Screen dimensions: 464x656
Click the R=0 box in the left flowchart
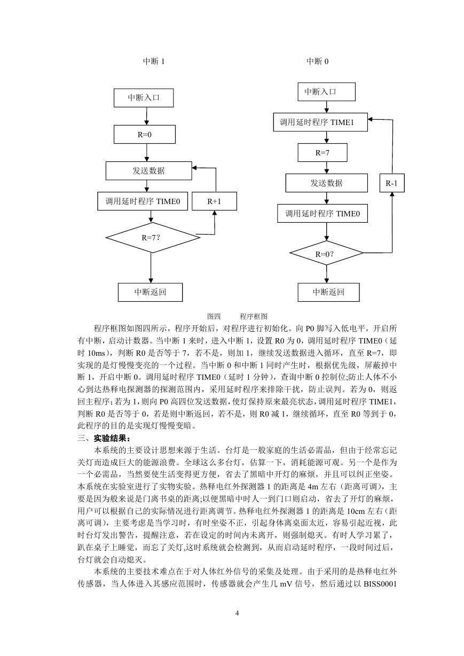click(x=145, y=135)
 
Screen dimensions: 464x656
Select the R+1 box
click(x=214, y=201)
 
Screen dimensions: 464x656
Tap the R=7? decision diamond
click(x=153, y=238)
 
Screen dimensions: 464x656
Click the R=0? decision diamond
click(x=326, y=253)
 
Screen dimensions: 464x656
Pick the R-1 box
click(x=392, y=183)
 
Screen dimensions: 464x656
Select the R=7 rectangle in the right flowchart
click(x=323, y=153)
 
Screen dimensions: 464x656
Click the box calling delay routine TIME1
click(x=320, y=122)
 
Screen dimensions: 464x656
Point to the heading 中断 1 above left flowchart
click(x=154, y=61)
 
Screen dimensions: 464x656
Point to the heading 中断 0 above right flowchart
click(x=317, y=61)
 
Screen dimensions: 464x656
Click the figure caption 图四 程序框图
click(x=237, y=316)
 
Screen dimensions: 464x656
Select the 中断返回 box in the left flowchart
click(x=150, y=292)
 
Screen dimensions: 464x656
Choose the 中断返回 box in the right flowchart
click(x=328, y=292)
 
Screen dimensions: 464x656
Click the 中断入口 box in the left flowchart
click(x=144, y=98)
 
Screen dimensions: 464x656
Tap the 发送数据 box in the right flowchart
click(x=326, y=183)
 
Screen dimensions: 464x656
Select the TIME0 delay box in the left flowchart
click(x=143, y=201)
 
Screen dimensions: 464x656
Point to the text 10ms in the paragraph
click(x=96, y=353)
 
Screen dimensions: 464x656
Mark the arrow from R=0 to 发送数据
click(x=147, y=152)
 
